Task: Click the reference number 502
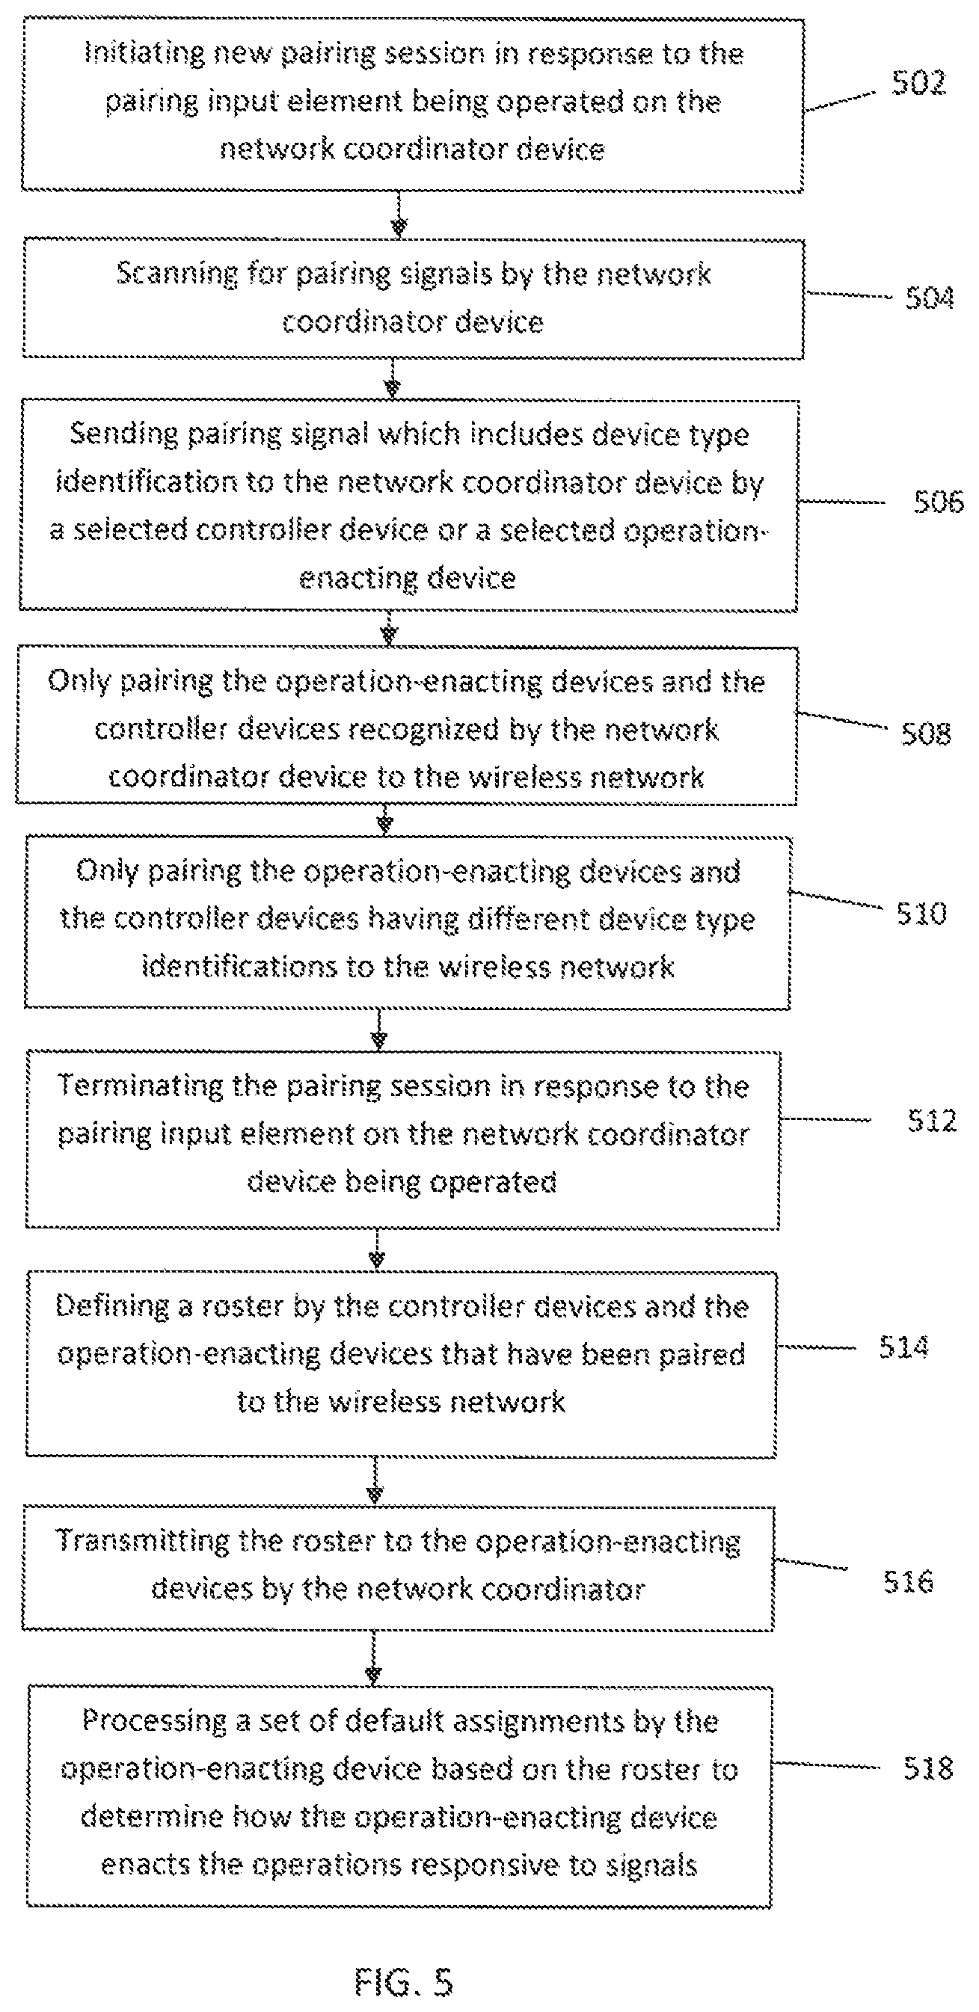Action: pos(919,82)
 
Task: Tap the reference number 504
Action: pos(930,298)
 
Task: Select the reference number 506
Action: pos(939,502)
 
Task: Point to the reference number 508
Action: pos(926,733)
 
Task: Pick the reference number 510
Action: pos(922,913)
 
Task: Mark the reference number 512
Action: pos(932,1121)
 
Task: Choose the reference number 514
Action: pos(904,1347)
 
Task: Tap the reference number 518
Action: pos(928,1768)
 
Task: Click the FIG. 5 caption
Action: pos(403,1981)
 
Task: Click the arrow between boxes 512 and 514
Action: pos(378,1249)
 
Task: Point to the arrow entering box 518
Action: pos(373,1658)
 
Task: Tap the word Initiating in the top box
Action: pos(144,54)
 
